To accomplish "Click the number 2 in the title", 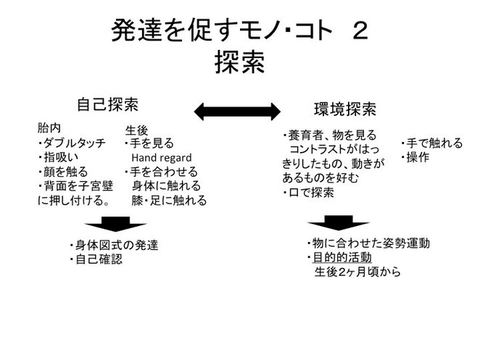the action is (360, 30).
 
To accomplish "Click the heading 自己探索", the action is (108, 104).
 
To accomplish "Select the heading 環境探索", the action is (345, 109).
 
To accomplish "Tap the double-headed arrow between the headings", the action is (237, 112).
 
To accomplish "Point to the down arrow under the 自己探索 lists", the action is (116, 225).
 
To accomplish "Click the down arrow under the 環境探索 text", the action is (339, 223).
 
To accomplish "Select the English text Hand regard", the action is (162, 157).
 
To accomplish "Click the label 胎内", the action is (49, 128).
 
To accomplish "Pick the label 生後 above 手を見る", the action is (136, 130).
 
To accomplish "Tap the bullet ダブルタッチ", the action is (72, 143).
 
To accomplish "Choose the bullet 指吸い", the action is (58, 157).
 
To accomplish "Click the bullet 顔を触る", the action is (63, 172).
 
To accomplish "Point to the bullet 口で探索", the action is (308, 193).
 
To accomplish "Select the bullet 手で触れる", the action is (431, 143).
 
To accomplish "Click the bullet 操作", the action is (415, 157).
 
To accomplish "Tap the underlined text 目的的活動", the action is (342, 258).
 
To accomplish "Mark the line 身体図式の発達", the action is (114, 245).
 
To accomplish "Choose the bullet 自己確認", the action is (96, 259).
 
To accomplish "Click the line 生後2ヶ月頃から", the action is (357, 272).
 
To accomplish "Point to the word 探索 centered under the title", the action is (240, 62).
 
